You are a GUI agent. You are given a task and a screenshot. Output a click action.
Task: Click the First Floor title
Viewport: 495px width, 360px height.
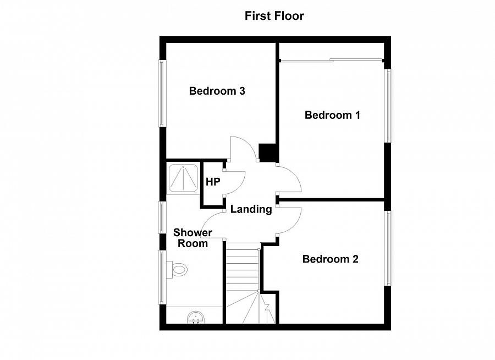coord(274,16)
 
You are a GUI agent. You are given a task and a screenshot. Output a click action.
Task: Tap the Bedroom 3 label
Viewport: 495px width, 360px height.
coord(217,91)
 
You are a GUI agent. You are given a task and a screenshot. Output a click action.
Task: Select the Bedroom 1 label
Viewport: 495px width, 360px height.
coord(332,115)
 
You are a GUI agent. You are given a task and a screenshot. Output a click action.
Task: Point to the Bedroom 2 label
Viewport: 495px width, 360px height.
coord(330,259)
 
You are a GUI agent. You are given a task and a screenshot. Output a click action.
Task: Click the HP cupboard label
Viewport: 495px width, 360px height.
coord(213,182)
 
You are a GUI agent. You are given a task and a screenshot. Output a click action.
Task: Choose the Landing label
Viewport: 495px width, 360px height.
coord(251,209)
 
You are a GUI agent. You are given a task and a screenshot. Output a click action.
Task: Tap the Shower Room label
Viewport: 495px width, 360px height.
coord(193,238)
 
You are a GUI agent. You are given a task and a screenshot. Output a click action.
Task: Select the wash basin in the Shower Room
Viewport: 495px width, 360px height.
coord(195,317)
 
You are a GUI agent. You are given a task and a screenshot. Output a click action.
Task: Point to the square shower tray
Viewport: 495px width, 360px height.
coord(183,178)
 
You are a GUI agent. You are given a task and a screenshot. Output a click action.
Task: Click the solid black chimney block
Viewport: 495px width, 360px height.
coord(267,152)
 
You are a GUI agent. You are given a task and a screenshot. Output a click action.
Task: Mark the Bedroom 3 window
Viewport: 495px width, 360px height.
coord(162,94)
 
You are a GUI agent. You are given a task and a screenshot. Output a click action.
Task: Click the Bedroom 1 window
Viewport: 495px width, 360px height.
coord(388,106)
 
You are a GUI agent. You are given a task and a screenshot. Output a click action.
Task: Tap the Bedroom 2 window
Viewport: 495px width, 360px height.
coord(388,248)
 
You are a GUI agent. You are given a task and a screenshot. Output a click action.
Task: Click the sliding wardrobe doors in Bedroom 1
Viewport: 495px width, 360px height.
coord(331,60)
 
